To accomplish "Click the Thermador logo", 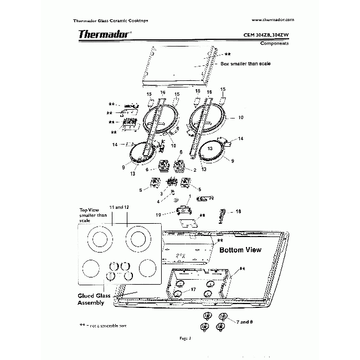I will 105,34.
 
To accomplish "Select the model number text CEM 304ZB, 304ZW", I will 266,35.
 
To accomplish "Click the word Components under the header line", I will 275,43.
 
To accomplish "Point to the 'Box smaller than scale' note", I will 245,64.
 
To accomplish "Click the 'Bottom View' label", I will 240,250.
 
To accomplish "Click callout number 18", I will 238,211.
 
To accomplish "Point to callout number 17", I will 193,290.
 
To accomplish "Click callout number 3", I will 161,193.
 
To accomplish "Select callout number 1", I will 189,197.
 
